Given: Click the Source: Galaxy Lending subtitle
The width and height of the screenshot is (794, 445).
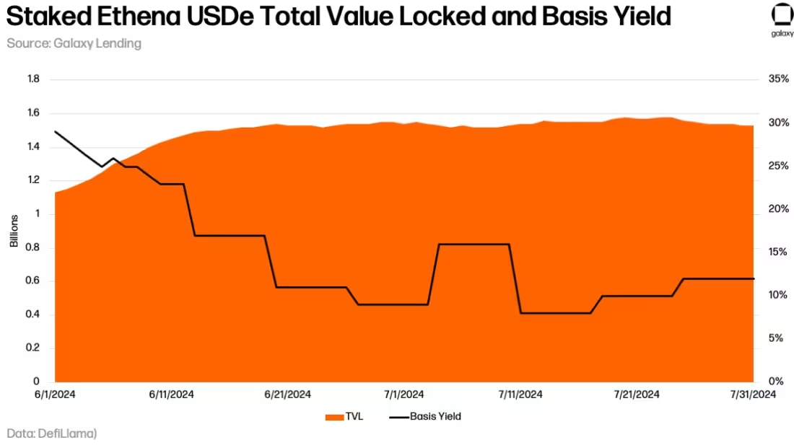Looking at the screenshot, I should coord(74,43).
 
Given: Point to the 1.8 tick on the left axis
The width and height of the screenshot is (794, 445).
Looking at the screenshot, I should coord(32,79).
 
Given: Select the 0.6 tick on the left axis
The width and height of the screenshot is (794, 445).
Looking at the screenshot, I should coord(32,281).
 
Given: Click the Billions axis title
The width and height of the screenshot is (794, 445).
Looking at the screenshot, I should coord(14,231).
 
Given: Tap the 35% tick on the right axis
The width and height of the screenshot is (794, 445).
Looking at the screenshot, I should coord(779,79).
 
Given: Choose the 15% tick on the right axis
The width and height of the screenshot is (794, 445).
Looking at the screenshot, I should coord(779,252).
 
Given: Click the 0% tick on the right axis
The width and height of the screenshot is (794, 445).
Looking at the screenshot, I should coord(776,382).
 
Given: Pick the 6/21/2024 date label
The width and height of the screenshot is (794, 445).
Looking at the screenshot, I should coord(288,395).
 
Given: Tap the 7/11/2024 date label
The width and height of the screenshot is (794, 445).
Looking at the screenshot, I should coord(520,395).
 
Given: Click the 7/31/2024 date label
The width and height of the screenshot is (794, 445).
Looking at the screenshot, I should coord(753,395).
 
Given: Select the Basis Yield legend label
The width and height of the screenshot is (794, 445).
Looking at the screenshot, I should coord(435,416).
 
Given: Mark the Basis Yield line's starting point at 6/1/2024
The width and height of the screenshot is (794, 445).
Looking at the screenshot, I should coord(56,132).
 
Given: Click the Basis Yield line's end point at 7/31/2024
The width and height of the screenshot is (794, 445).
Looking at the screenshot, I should coord(754,278).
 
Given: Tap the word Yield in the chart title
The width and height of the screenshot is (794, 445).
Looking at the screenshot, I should coord(640,16).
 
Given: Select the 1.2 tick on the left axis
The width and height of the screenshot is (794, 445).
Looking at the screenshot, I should coord(32,180).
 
